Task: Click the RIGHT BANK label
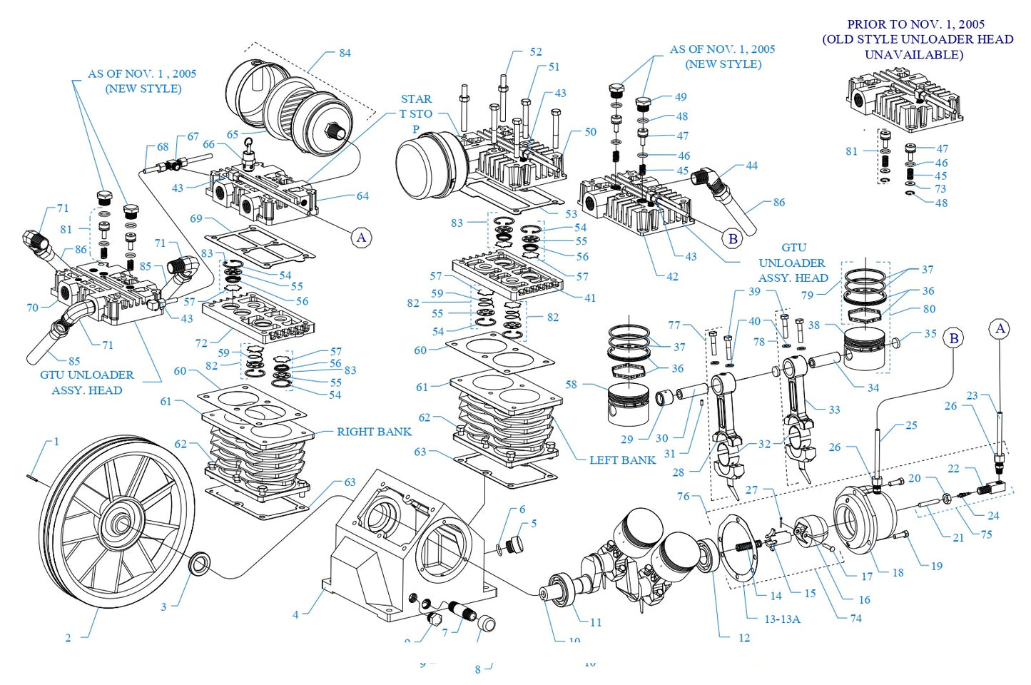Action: click(x=374, y=432)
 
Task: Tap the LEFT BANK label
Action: click(x=622, y=460)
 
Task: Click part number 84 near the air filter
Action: click(x=345, y=53)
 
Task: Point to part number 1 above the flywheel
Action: click(x=56, y=442)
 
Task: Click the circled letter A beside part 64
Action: click(x=362, y=238)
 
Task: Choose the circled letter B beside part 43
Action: click(x=732, y=239)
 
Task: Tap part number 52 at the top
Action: click(x=536, y=52)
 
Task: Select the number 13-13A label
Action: click(x=782, y=619)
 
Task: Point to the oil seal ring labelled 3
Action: click(x=199, y=563)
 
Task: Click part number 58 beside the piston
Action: click(x=571, y=384)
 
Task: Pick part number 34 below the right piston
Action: click(x=873, y=387)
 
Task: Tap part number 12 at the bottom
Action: click(x=744, y=638)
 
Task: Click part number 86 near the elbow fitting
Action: click(x=779, y=203)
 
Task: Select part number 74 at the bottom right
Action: click(x=855, y=619)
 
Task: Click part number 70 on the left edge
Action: click(x=32, y=308)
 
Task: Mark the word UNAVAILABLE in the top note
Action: click(x=913, y=54)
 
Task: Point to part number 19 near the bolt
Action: click(x=937, y=566)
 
